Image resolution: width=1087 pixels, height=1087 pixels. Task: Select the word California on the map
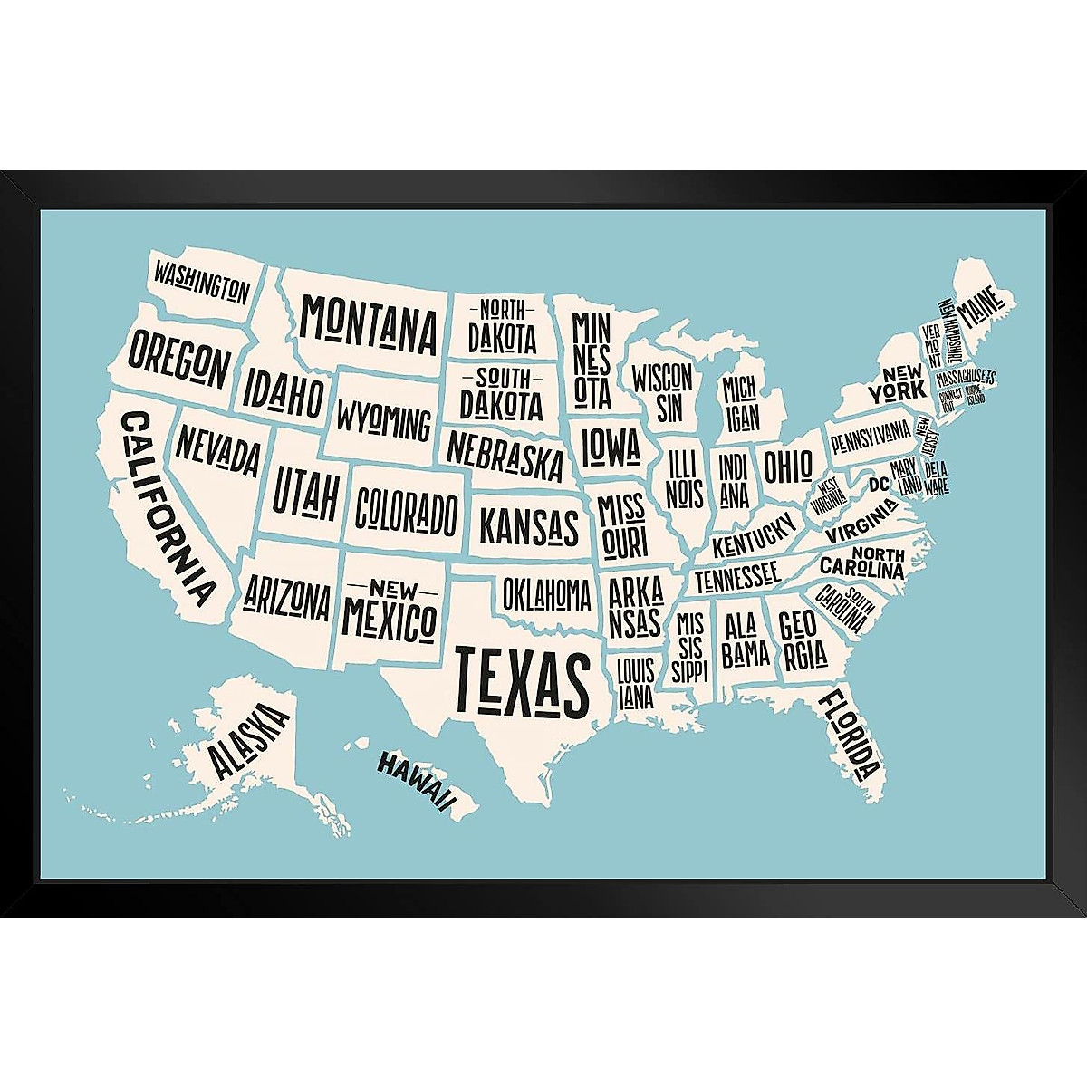pos(168,508)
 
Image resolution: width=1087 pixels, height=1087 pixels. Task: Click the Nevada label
pos(218,451)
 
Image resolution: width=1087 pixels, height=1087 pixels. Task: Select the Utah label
pos(307,490)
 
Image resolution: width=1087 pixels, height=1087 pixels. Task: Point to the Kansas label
pos(528,525)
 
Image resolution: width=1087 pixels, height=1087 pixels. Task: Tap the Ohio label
pos(787,467)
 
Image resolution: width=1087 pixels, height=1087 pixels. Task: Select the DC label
pos(879,486)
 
